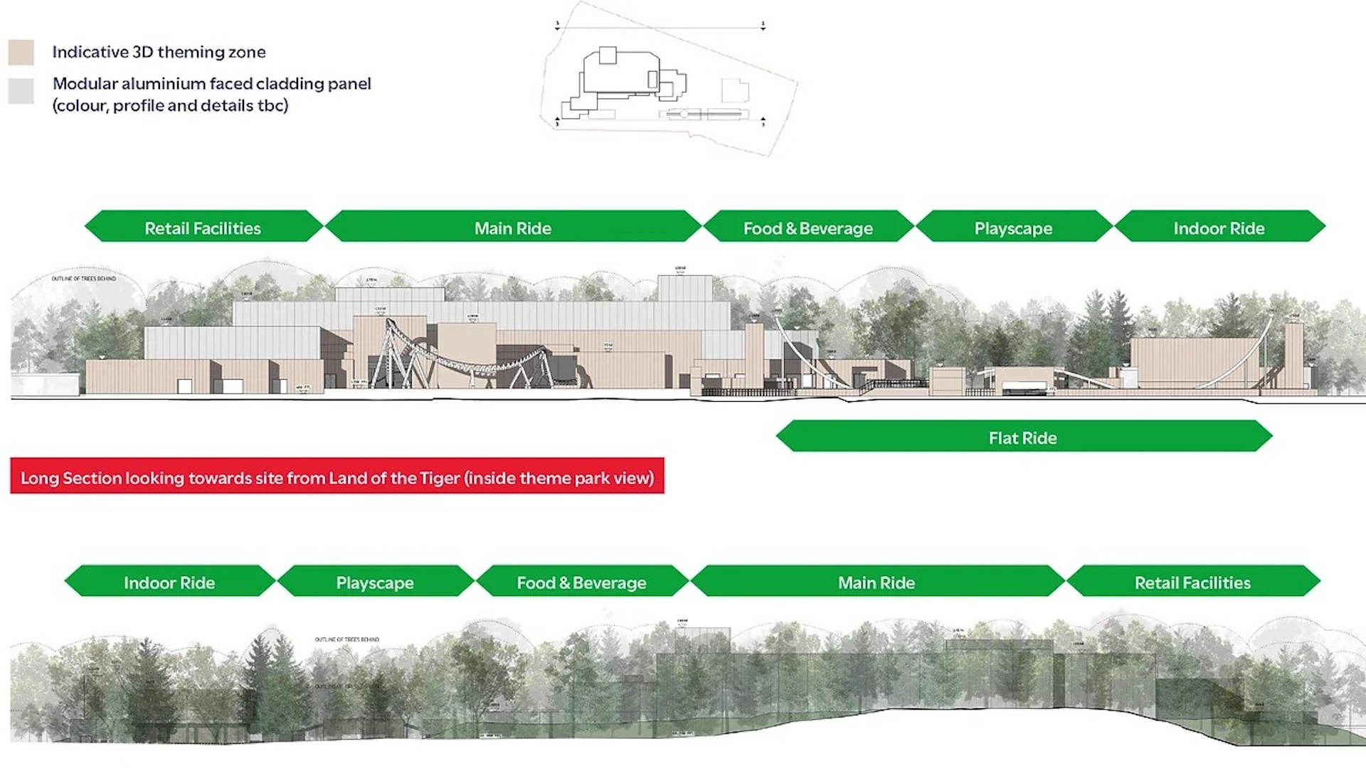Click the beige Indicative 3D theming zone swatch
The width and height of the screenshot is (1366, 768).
tap(21, 53)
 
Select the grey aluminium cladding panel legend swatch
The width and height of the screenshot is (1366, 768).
tap(21, 91)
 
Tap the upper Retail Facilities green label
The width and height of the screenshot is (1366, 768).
tap(203, 228)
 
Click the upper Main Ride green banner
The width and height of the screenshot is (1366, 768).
tap(513, 228)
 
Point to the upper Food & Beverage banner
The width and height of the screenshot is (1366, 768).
tap(808, 228)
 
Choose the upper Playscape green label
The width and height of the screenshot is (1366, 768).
tap(1013, 228)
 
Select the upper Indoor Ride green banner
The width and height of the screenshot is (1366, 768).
tap(1219, 228)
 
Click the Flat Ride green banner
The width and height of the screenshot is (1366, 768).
tap(1023, 437)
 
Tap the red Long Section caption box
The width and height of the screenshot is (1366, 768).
tap(337, 477)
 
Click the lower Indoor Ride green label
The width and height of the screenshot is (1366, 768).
tap(169, 582)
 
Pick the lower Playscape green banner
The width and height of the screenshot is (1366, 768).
tap(375, 582)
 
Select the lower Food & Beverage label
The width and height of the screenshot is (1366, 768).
tap(582, 582)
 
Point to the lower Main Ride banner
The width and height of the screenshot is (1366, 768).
tap(877, 582)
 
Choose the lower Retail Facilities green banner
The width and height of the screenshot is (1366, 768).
tap(1192, 582)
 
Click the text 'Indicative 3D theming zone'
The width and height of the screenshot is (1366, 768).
tap(159, 52)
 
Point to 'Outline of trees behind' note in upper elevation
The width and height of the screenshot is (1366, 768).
tap(83, 279)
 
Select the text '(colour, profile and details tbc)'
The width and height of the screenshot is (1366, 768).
tap(170, 106)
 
